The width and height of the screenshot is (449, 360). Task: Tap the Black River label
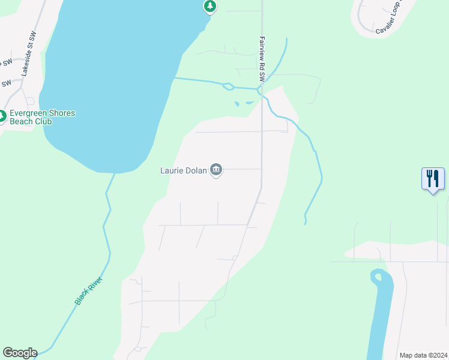pos(89,290)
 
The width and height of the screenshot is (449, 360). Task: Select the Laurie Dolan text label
pos(183,170)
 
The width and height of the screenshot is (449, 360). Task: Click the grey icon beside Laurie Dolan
pos(217,170)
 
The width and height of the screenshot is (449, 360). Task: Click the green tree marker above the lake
pos(209,6)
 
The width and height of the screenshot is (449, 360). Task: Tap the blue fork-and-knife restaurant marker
pos(433,179)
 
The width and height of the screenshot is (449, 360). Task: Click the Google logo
pos(20,353)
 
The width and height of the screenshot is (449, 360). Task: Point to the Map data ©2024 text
pos(423,355)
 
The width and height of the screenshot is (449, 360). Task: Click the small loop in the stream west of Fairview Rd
pos(228,86)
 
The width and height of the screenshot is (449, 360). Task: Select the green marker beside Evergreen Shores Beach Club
pos(2,116)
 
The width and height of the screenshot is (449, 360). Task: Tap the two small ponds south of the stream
pos(243,103)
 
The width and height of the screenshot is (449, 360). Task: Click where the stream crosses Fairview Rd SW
pos(261,90)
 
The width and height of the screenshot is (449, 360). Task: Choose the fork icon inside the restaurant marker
pos(429,178)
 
